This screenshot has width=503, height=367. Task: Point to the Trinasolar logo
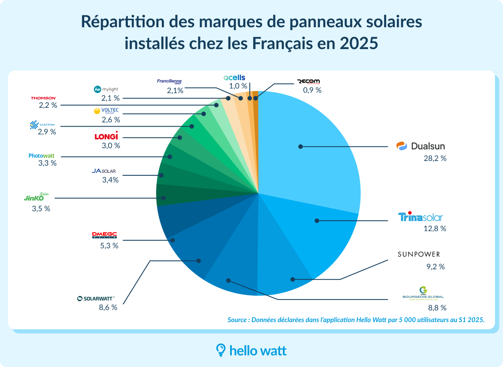coord(420,217)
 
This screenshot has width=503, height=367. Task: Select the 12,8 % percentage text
coord(434,229)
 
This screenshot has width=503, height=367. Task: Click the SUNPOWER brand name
coord(419,255)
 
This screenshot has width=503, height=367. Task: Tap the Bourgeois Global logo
coord(423,293)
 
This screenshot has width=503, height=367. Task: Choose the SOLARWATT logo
coord(96,298)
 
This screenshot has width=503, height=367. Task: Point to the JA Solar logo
coord(104,171)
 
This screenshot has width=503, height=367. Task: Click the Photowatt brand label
coord(41,156)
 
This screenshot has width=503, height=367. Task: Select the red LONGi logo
coord(106,136)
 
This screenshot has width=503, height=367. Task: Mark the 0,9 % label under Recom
coord(312,90)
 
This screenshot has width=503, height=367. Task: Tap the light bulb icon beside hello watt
coord(220,350)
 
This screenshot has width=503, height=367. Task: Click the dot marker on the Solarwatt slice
coord(199,261)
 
